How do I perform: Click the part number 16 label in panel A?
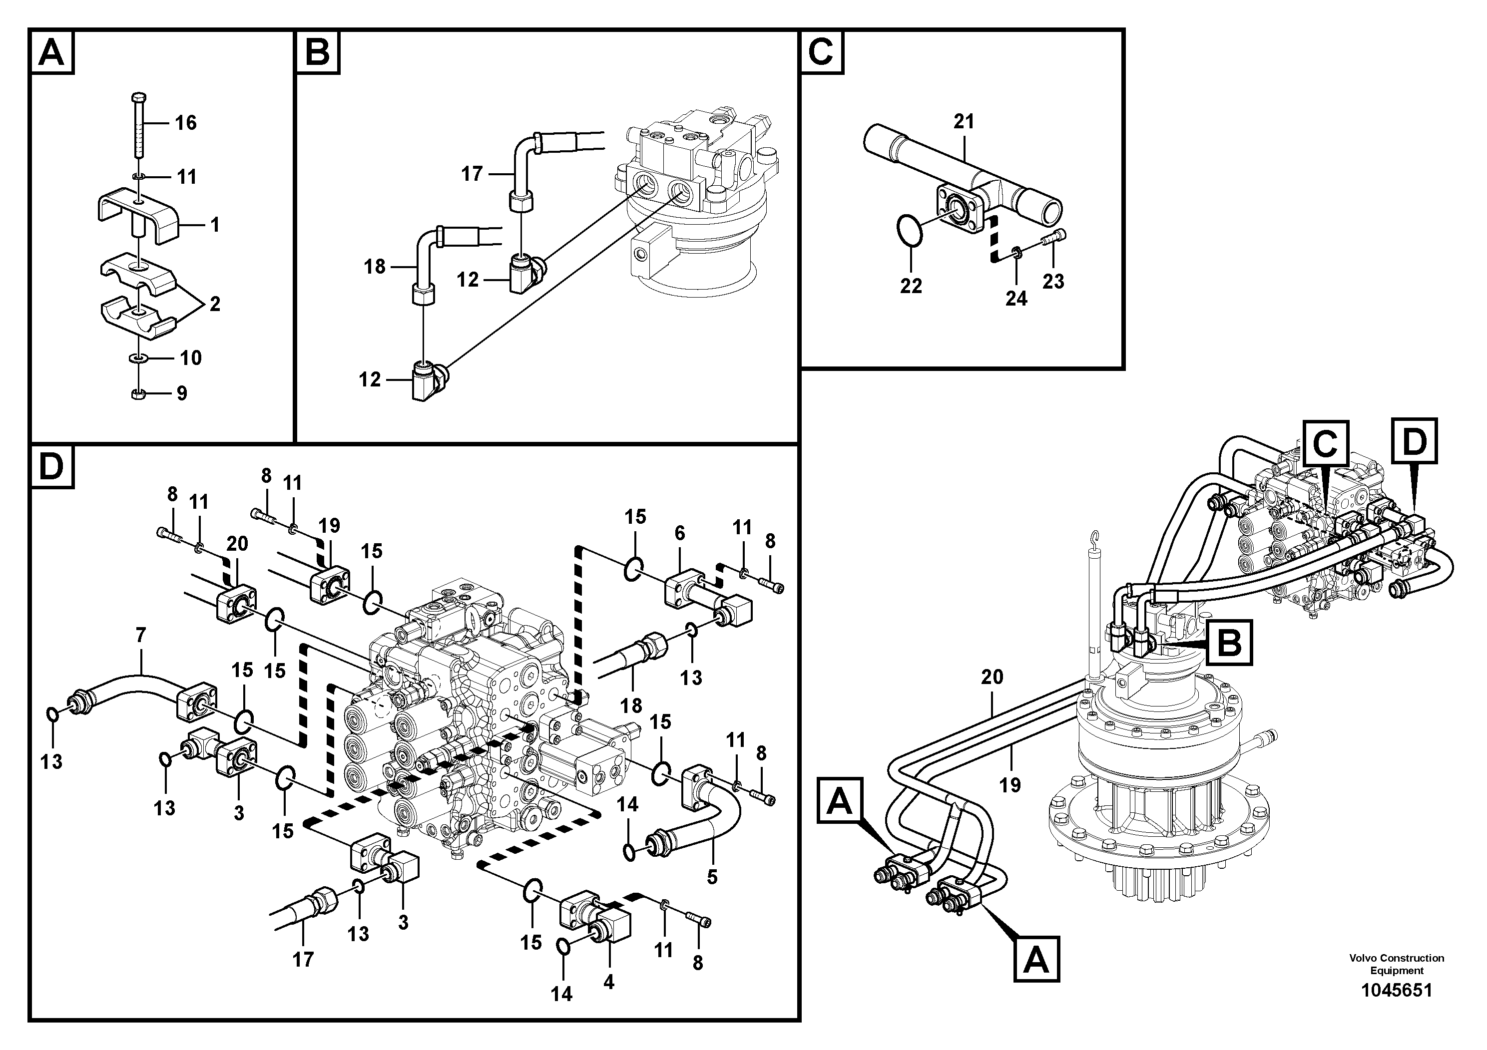(185, 123)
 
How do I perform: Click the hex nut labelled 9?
(138, 393)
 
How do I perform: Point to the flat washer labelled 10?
(138, 357)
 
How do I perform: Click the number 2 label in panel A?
(214, 304)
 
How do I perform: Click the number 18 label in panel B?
(374, 266)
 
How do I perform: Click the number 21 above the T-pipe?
(964, 121)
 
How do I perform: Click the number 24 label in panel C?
(1016, 299)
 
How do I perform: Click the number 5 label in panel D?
(712, 877)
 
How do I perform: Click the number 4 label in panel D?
(608, 982)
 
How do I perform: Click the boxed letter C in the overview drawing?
(1325, 444)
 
